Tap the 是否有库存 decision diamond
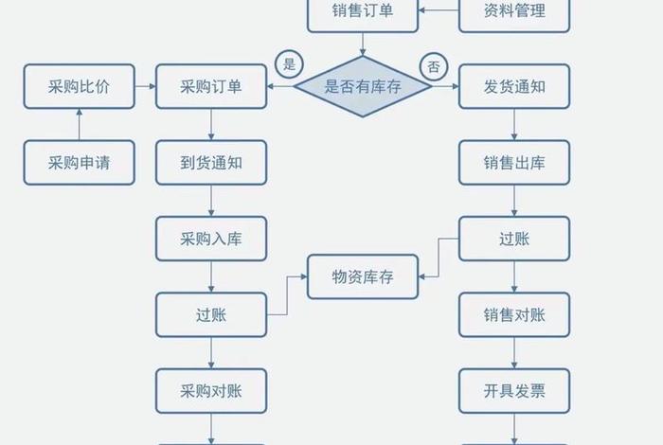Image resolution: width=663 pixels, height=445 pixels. tap(363, 86)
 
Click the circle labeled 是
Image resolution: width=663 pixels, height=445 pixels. tap(290, 65)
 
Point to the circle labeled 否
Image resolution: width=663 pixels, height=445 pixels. tap(434, 66)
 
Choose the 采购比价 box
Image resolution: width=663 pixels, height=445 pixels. tap(79, 86)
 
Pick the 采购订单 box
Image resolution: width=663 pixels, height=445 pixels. tap(211, 86)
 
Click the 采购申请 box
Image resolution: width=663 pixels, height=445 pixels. tap(79, 162)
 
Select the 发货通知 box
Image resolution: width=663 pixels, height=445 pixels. tap(514, 86)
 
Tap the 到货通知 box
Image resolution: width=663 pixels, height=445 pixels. tap(211, 162)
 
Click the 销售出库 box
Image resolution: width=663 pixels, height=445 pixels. tap(514, 162)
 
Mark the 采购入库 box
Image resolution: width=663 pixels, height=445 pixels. tap(211, 238)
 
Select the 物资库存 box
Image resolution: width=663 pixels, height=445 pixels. tap(363, 276)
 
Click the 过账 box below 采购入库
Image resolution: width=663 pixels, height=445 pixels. tap(211, 314)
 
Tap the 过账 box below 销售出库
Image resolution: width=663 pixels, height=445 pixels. tap(514, 238)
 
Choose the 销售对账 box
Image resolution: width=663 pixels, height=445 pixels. tap(514, 314)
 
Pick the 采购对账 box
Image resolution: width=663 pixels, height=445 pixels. tap(211, 390)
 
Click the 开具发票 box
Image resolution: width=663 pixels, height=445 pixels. tap(514, 390)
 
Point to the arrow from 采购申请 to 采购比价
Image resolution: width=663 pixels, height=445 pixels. tap(79, 124)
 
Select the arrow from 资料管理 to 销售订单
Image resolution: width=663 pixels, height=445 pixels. tap(439, 11)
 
